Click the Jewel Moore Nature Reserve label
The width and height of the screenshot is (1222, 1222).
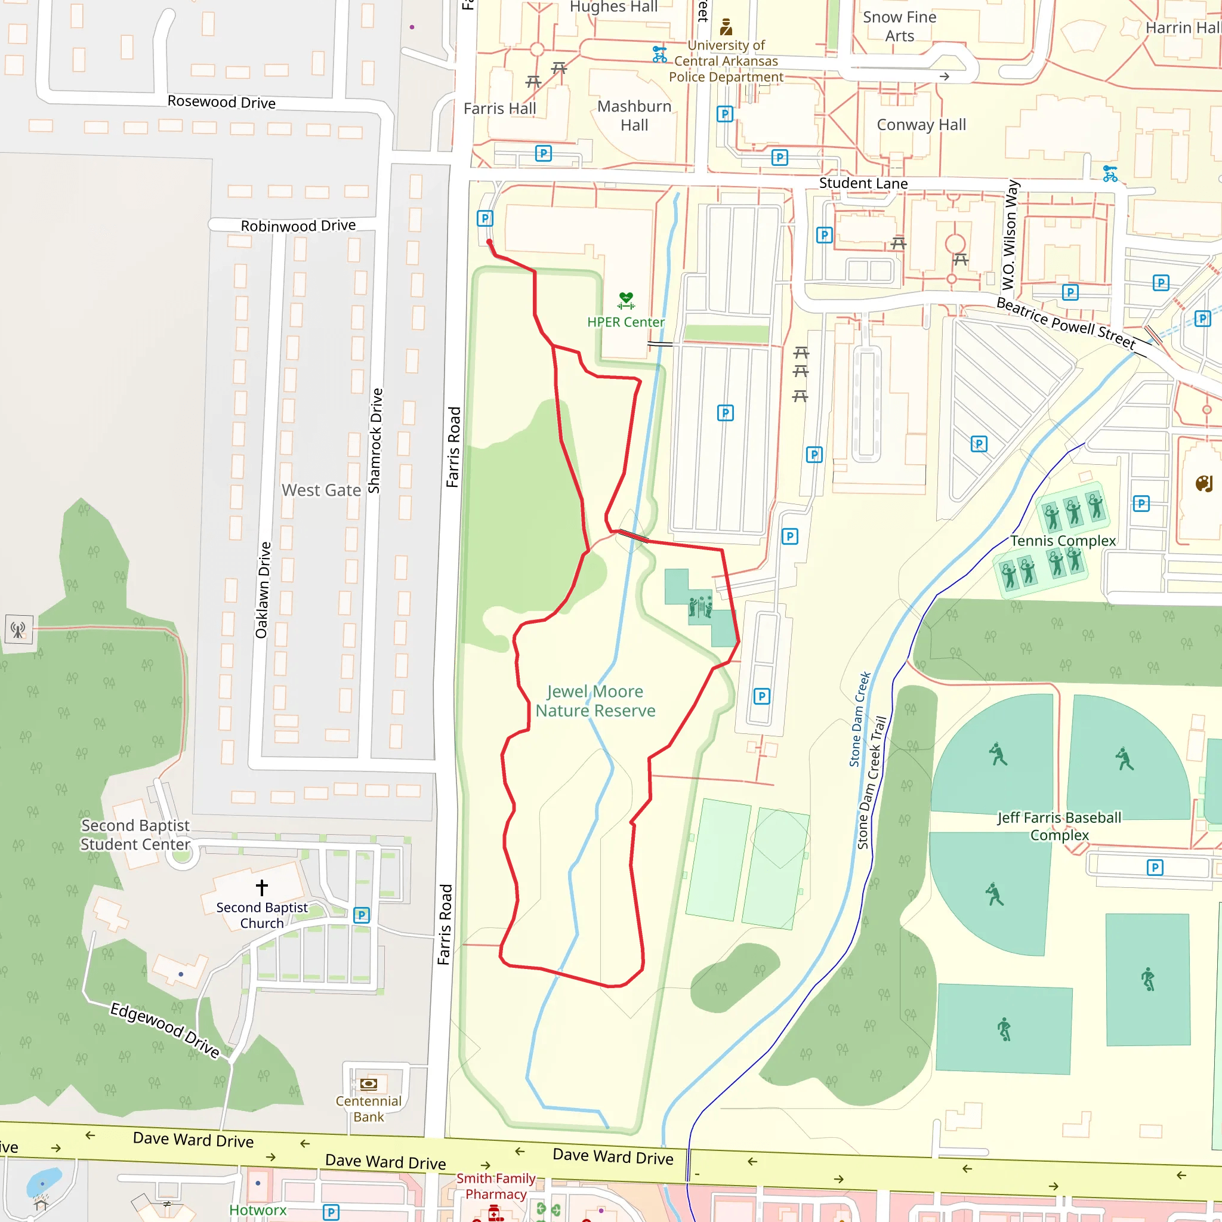pyautogui.click(x=595, y=701)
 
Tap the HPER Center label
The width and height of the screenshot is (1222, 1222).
pyautogui.click(x=625, y=322)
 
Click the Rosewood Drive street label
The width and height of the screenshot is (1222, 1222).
pyautogui.click(x=221, y=102)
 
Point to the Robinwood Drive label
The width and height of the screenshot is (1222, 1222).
pyautogui.click(x=298, y=226)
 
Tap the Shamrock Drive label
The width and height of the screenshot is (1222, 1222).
pyautogui.click(x=375, y=440)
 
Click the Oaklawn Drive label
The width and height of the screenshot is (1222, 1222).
pyautogui.click(x=263, y=590)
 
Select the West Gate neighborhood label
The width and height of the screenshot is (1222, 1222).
pyautogui.click(x=322, y=490)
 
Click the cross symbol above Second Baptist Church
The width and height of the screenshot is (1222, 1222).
pyautogui.click(x=262, y=887)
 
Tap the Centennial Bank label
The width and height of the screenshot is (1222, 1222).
pyautogui.click(x=368, y=1109)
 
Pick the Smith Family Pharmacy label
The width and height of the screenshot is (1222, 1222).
pyautogui.click(x=496, y=1186)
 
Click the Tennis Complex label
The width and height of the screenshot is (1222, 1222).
pyautogui.click(x=1063, y=541)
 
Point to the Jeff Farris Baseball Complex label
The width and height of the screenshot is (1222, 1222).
pyautogui.click(x=1060, y=826)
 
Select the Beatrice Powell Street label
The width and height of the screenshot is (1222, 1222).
pyautogui.click(x=1065, y=323)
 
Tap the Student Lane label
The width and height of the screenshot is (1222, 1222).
pyautogui.click(x=863, y=183)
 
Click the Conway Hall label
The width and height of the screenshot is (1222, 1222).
pyautogui.click(x=921, y=125)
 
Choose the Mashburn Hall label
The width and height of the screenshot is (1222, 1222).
pyautogui.click(x=634, y=116)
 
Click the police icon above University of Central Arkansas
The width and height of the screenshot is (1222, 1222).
pyautogui.click(x=726, y=27)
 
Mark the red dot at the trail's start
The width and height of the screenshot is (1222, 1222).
pyautogui.click(x=489, y=242)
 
